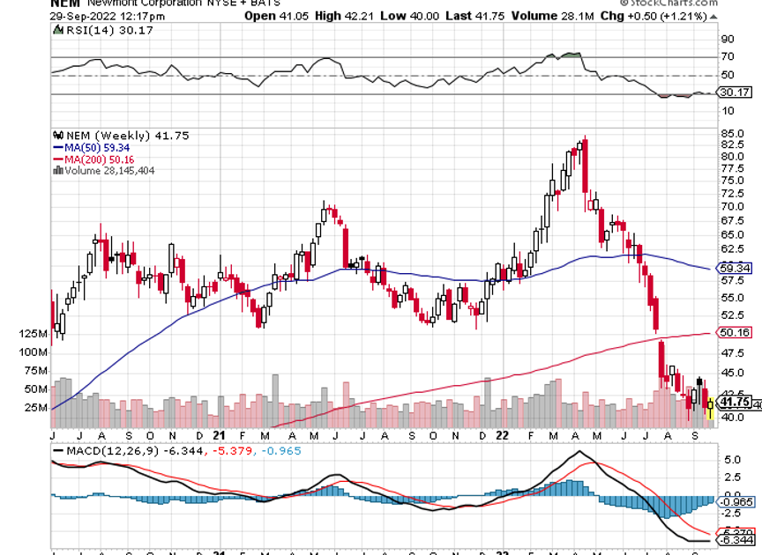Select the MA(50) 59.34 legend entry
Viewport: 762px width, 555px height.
point(88,147)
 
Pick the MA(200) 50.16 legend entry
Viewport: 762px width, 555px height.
point(91,159)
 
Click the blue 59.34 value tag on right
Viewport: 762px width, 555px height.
point(735,267)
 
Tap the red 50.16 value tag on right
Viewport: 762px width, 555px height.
point(735,333)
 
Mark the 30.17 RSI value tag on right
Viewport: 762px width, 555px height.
point(735,92)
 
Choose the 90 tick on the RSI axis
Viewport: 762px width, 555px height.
point(728,40)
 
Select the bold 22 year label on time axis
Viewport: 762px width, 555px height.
point(500,435)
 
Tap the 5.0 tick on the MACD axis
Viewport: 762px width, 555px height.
point(731,459)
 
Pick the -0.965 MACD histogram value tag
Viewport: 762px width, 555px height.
point(735,501)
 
